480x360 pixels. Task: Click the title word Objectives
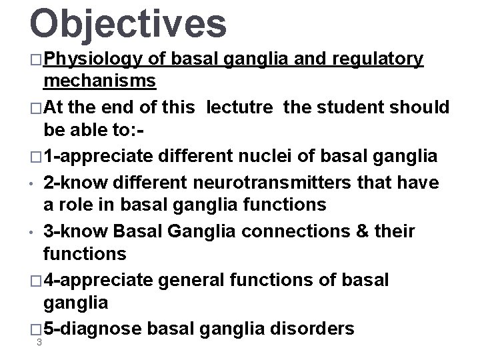128,23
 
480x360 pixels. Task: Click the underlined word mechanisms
99,81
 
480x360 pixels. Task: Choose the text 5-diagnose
91,329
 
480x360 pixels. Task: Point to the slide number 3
41,343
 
